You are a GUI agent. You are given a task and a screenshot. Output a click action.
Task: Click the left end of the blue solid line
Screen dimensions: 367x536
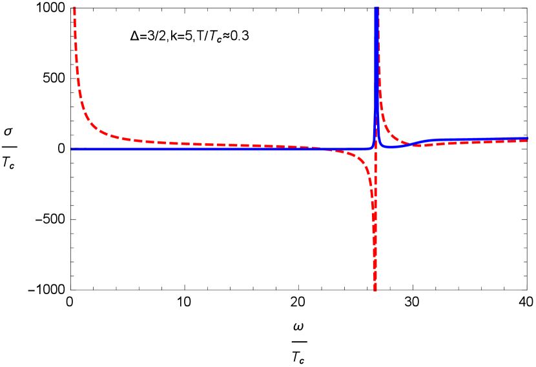click(x=72, y=149)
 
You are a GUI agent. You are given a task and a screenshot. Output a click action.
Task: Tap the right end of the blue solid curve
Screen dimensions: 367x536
click(x=528, y=138)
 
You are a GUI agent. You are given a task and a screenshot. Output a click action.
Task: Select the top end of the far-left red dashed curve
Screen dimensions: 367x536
click(x=75, y=8)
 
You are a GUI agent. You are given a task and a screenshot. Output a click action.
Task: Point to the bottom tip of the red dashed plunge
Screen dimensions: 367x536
click(x=375, y=290)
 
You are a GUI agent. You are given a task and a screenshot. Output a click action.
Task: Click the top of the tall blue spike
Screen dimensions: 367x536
click(x=376, y=8)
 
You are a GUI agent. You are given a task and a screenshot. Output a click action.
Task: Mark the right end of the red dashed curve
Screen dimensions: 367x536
click(x=528, y=141)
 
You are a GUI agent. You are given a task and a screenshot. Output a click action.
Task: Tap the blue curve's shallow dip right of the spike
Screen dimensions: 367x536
click(x=390, y=148)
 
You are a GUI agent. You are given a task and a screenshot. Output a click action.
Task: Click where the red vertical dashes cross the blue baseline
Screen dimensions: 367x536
click(x=375, y=149)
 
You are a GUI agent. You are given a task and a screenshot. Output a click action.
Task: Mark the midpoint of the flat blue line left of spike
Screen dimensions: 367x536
click(x=220, y=149)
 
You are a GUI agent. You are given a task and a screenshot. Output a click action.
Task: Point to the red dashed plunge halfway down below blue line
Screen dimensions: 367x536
click(x=374, y=219)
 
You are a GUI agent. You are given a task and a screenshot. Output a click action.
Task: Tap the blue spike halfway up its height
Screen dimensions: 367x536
click(x=376, y=77)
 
